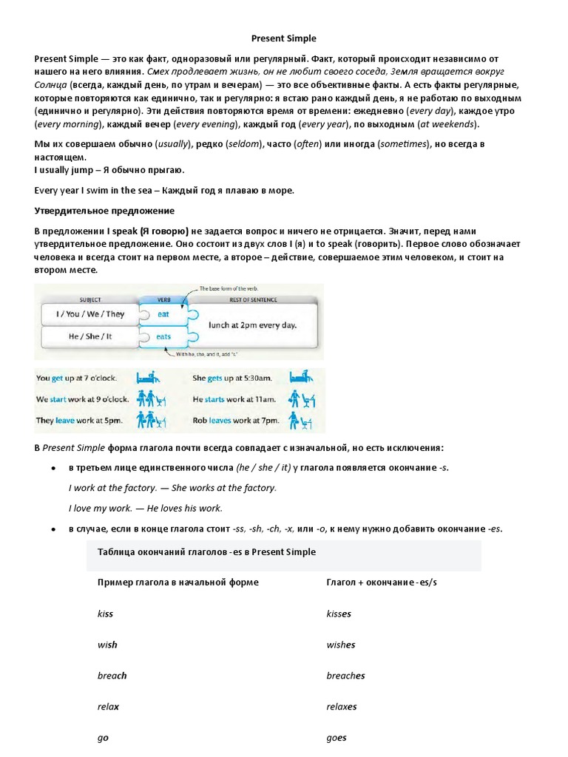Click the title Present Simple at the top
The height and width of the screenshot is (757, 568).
coord(284,38)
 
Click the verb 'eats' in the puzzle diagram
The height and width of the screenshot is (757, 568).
coord(164,336)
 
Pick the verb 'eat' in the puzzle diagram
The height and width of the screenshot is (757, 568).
coord(164,314)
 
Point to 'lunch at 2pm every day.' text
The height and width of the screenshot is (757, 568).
coord(251,325)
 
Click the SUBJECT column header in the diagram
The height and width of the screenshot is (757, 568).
coord(89,299)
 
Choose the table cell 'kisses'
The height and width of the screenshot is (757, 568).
coord(339,614)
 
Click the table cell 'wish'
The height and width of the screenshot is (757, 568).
coord(107,645)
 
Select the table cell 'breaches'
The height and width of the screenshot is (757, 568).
coord(345,676)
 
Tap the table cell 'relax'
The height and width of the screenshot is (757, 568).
coord(108,707)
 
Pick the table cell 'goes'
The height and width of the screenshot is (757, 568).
coord(337,738)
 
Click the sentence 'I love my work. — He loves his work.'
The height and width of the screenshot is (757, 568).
coord(145,509)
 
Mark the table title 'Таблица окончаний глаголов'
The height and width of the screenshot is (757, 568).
coord(206,552)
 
